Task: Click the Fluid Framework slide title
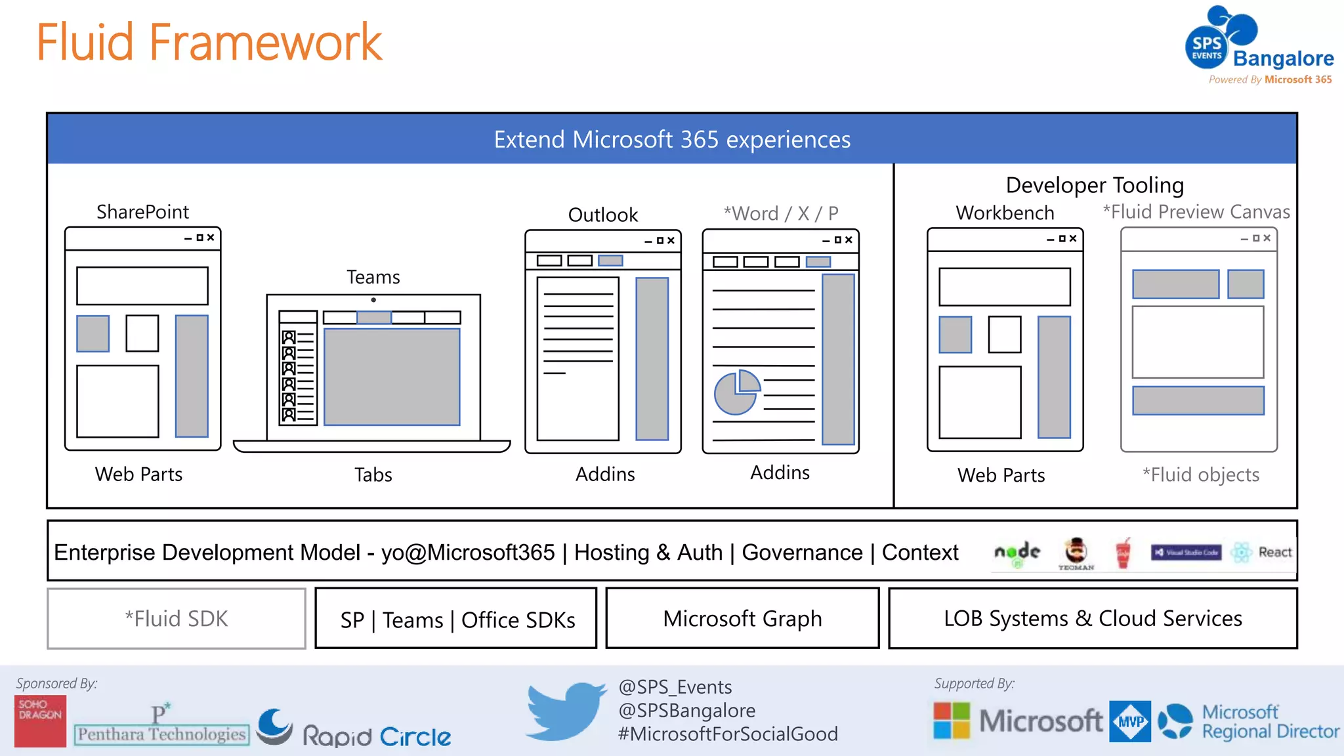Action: click(209, 42)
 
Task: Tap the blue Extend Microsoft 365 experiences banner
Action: click(671, 139)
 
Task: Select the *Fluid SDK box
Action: click(177, 618)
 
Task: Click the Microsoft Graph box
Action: click(742, 618)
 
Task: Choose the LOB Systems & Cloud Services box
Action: click(1093, 618)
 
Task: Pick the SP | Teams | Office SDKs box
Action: click(457, 619)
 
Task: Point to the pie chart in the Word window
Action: click(736, 392)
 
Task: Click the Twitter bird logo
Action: click(566, 711)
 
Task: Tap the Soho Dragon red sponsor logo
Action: click(40, 721)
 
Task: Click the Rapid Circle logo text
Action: click(377, 736)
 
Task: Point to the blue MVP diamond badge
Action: click(1130, 721)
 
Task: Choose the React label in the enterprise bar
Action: click(1274, 553)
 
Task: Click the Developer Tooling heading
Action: click(1095, 185)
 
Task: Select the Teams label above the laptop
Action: click(373, 277)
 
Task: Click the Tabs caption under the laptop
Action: click(373, 474)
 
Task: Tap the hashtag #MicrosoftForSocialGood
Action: click(728, 734)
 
